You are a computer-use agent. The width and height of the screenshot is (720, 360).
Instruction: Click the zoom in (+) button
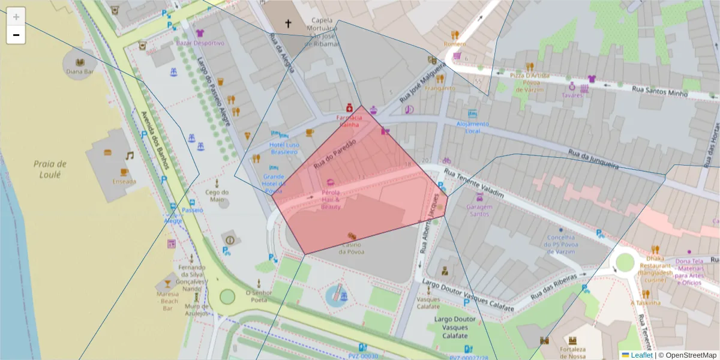pos(16,16)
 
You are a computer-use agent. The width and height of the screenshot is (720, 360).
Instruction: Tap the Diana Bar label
pos(80,71)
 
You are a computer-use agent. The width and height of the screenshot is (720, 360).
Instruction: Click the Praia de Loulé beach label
pos(50,169)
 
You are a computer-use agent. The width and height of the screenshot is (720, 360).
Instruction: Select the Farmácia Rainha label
pos(349,121)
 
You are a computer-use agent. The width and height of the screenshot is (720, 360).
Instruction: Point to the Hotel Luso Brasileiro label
pos(284,148)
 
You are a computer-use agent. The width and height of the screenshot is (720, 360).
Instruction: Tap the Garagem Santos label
pos(479,210)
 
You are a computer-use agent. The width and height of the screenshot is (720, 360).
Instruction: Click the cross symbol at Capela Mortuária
pos(288,24)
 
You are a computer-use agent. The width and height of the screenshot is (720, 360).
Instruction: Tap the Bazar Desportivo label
pos(200,43)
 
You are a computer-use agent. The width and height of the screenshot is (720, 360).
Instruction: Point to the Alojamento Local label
pos(473,127)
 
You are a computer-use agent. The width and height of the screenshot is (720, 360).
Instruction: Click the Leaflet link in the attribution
pos(641,355)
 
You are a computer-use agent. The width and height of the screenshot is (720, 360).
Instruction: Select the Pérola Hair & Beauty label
pos(331,199)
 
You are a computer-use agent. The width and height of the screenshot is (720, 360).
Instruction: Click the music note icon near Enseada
pos(129,155)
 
